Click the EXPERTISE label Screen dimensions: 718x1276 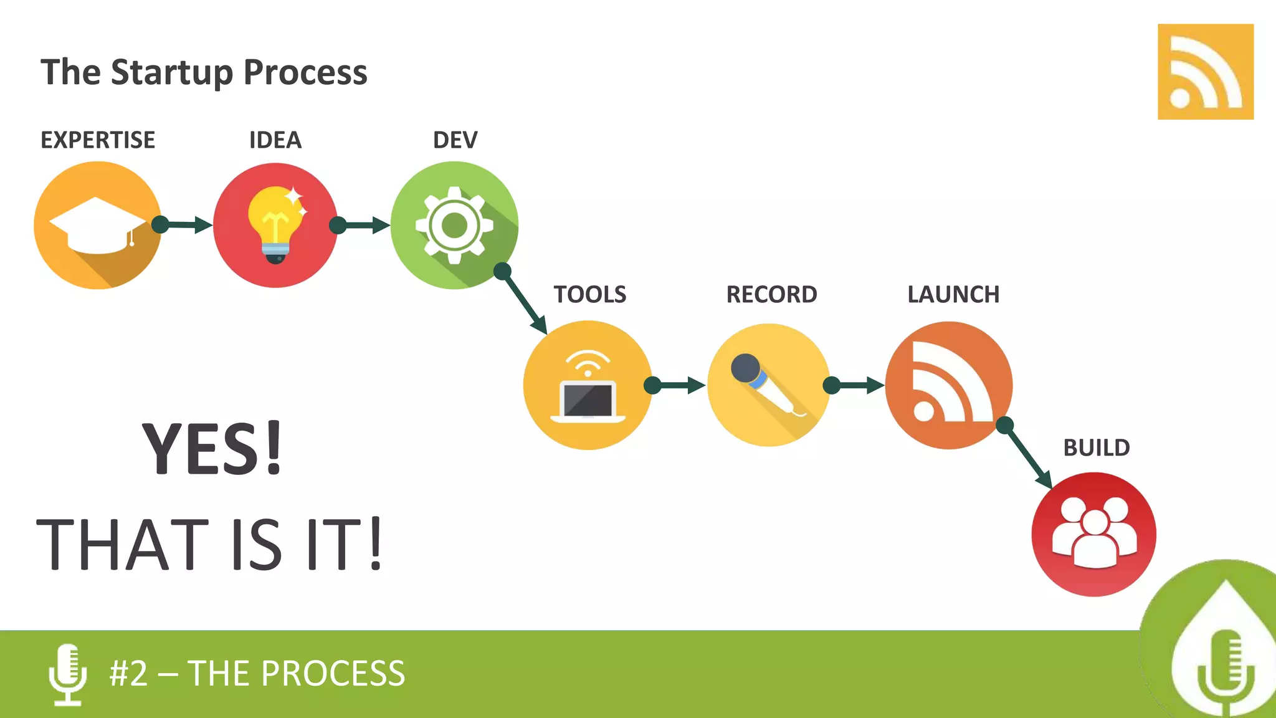pos(98,140)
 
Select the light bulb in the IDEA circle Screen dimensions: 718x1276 pos(275,224)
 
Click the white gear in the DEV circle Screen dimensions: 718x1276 pos(454,225)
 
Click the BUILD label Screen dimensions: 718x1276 pos(1096,448)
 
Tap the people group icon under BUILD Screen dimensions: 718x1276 pos(1094,533)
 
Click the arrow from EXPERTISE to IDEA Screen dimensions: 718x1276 pos(186,225)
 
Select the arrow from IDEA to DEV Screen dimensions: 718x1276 pos(363,225)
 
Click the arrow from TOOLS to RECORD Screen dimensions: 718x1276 pos(678,385)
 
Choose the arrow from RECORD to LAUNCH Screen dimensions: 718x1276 pos(857,385)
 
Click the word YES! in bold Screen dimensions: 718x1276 pos(212,449)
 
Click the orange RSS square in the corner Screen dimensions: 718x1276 pos(1205,72)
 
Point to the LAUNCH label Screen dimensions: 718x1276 pos(953,294)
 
